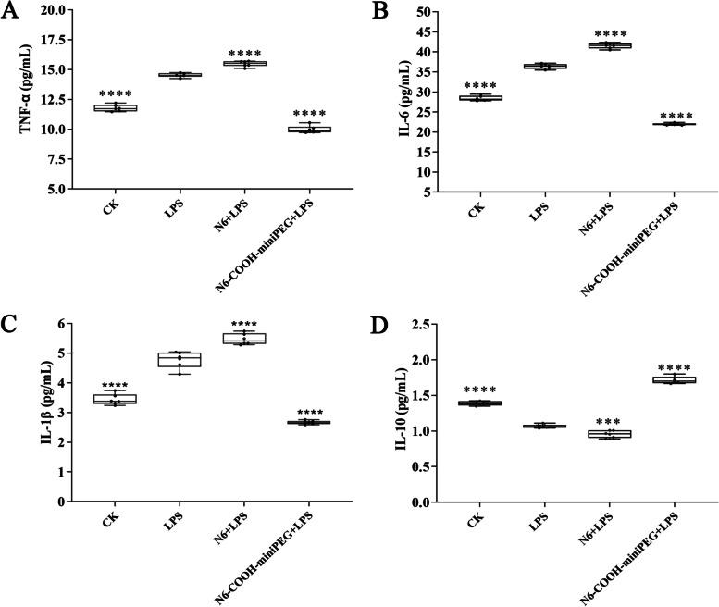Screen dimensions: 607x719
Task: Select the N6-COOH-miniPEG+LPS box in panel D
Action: (674, 379)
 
